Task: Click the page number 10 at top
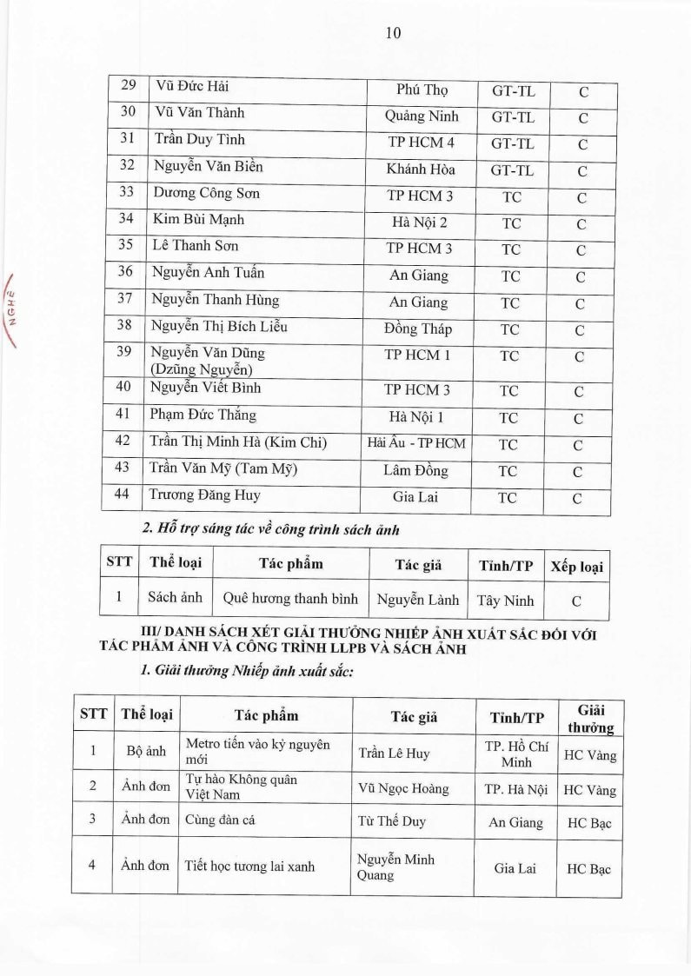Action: pyautogui.click(x=392, y=33)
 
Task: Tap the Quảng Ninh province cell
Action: pyautogui.click(x=422, y=116)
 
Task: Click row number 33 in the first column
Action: pyautogui.click(x=128, y=194)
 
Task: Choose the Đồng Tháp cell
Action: pyautogui.click(x=417, y=329)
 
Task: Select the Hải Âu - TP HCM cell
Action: pyautogui.click(x=416, y=443)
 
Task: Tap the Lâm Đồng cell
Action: pyautogui.click(x=416, y=470)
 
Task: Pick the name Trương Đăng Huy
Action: pyautogui.click(x=205, y=495)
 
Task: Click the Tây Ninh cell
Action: pyautogui.click(x=505, y=600)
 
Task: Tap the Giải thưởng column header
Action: pyautogui.click(x=591, y=718)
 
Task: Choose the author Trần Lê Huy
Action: pyautogui.click(x=394, y=754)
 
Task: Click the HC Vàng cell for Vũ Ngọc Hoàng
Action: pyautogui.click(x=589, y=790)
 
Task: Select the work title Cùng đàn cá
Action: pyautogui.click(x=221, y=821)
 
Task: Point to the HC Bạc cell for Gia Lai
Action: pyautogui.click(x=589, y=868)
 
